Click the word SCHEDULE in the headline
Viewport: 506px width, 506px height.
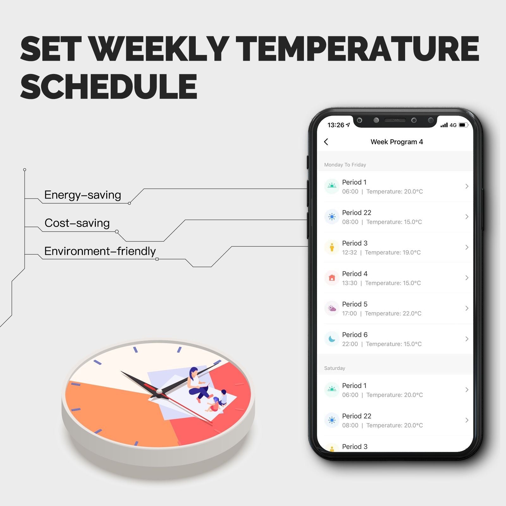tap(109, 86)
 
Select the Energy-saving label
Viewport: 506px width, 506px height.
tap(83, 195)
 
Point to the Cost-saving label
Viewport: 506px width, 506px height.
tap(77, 223)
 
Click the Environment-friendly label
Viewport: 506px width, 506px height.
tap(100, 251)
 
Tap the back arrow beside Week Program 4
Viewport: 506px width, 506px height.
tap(326, 142)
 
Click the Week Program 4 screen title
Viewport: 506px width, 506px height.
tap(397, 142)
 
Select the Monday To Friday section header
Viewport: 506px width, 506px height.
tap(345, 165)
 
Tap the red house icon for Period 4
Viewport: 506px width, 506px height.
tap(332, 278)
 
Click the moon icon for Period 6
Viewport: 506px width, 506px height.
tap(332, 339)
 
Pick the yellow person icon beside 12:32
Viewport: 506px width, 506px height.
tap(332, 247)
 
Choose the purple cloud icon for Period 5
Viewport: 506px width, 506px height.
tap(332, 308)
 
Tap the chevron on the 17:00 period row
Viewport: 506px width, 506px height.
tap(467, 308)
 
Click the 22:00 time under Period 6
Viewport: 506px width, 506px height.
tap(350, 344)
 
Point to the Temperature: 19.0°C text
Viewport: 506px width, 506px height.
tap(393, 252)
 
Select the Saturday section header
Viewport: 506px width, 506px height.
tap(335, 368)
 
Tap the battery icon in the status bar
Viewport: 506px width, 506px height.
tap(463, 125)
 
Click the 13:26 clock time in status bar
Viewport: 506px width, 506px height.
tap(336, 125)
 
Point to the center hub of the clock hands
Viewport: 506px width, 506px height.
tap(159, 392)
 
